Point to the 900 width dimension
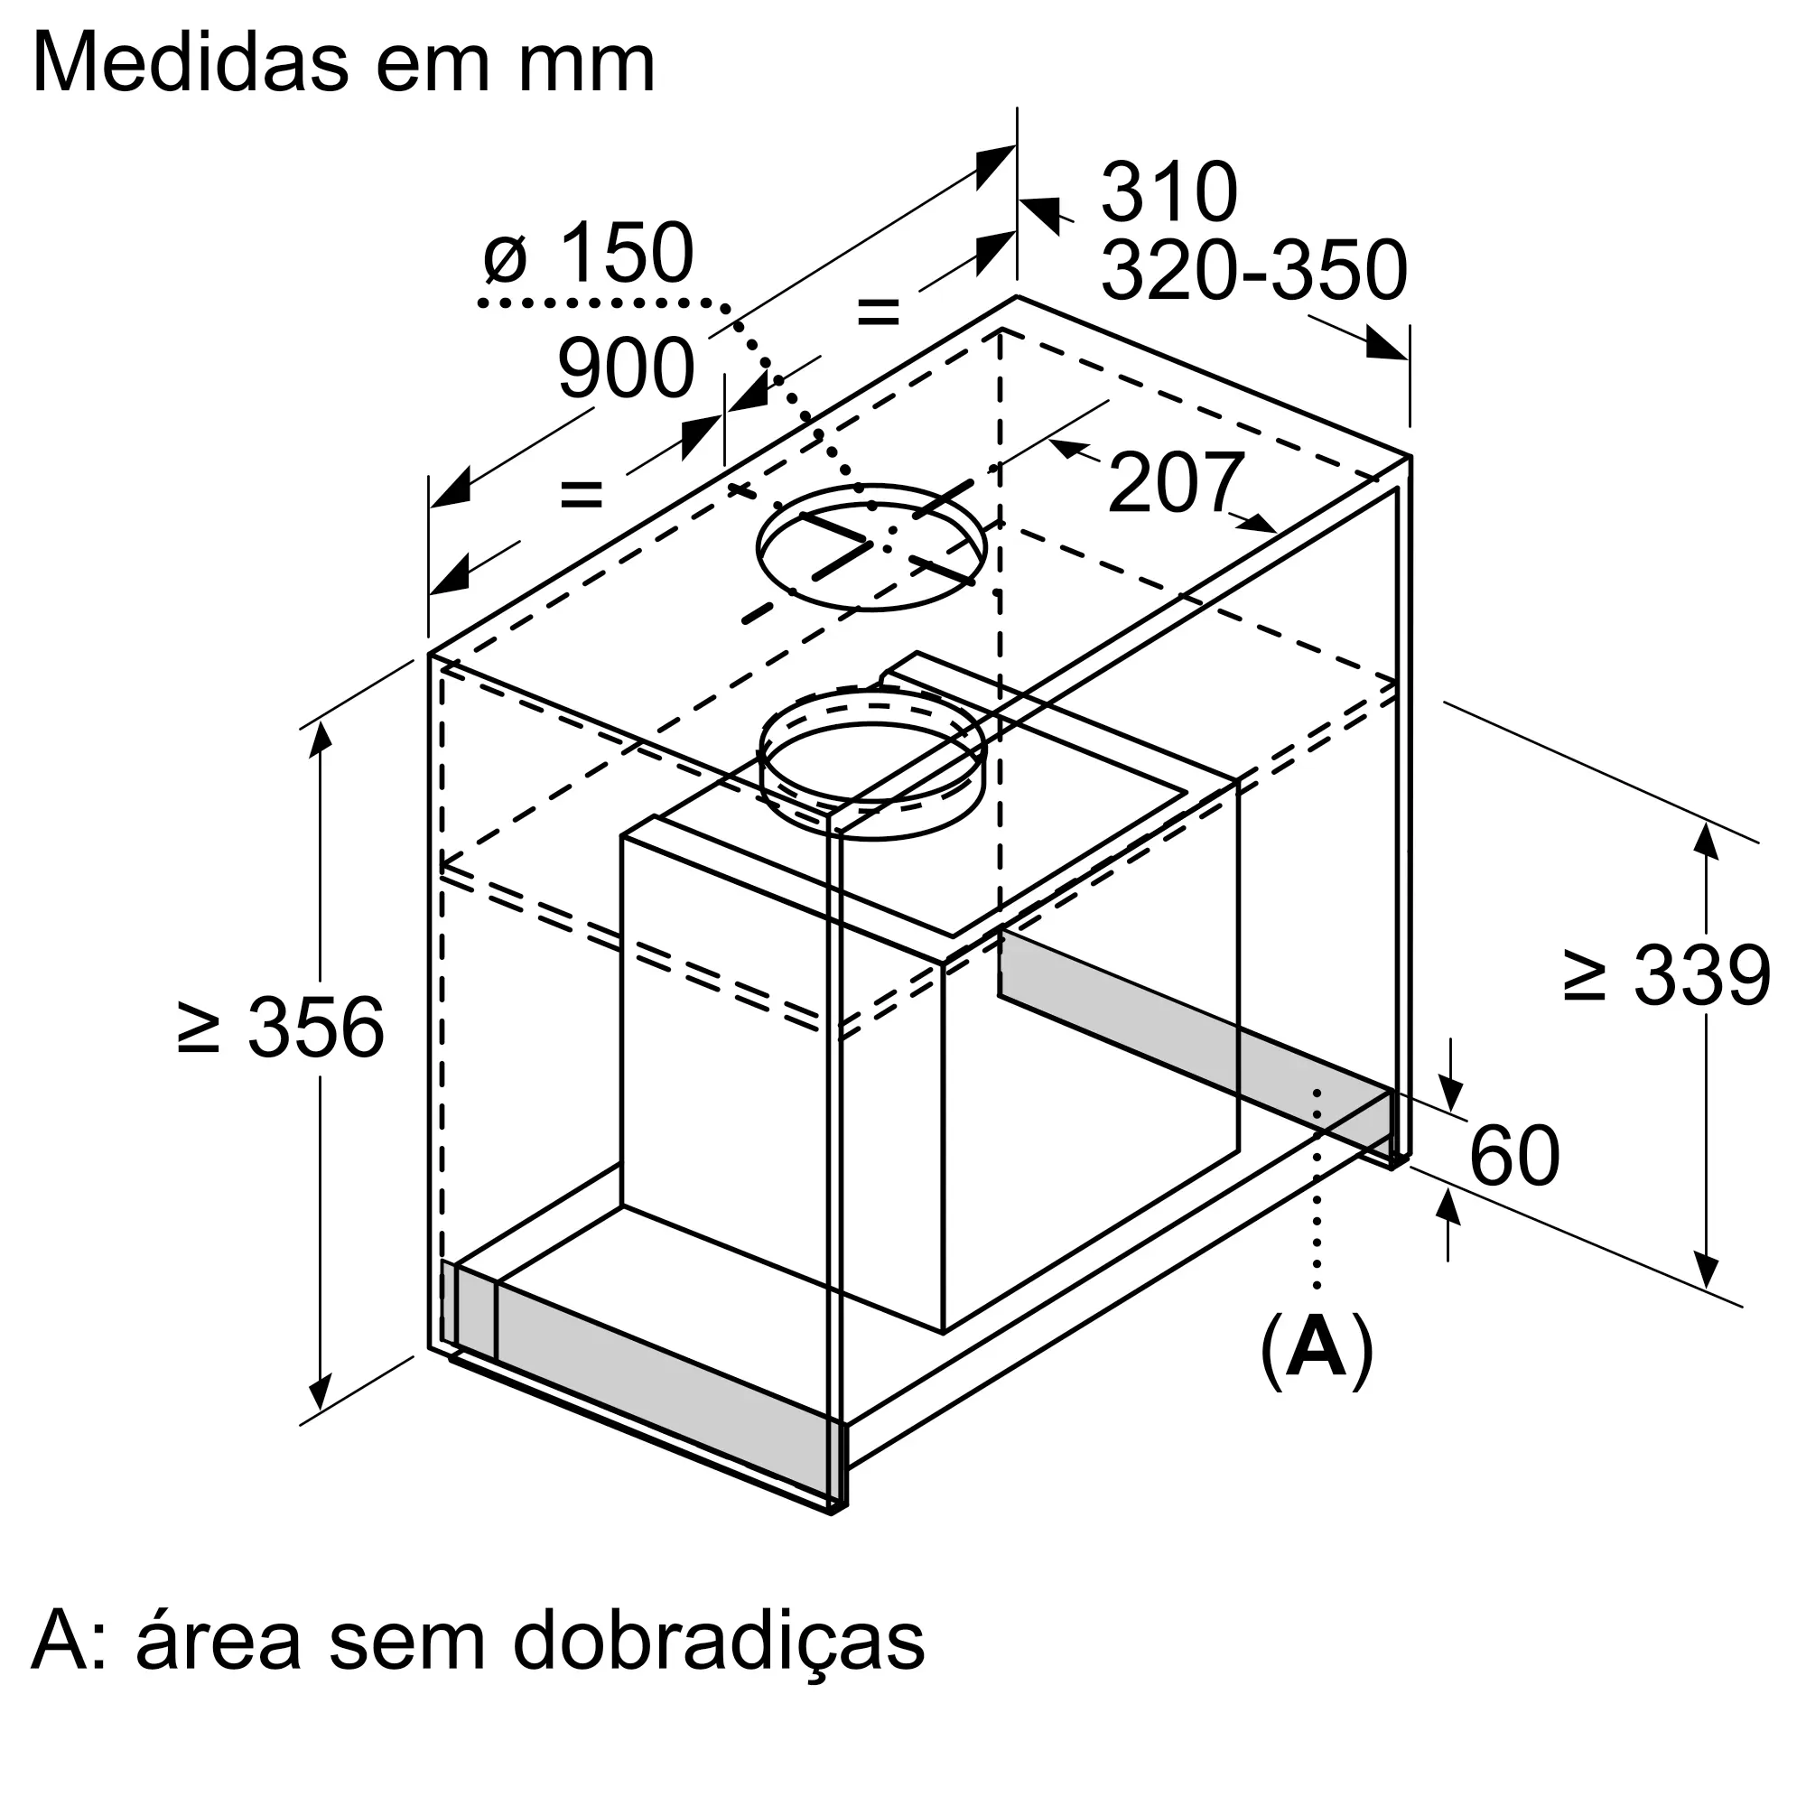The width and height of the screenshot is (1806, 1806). pyautogui.click(x=626, y=369)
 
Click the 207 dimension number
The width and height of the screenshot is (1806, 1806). pyautogui.click(x=1175, y=482)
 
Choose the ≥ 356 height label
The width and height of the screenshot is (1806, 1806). pyautogui.click(x=281, y=1028)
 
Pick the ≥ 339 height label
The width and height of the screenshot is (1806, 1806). pyautogui.click(x=1667, y=976)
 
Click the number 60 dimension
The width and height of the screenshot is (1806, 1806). pyautogui.click(x=1514, y=1157)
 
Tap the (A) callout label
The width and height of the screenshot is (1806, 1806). pyautogui.click(x=1317, y=1352)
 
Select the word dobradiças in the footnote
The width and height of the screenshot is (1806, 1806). pyautogui.click(x=718, y=1641)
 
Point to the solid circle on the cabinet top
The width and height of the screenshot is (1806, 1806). pyautogui.click(x=871, y=548)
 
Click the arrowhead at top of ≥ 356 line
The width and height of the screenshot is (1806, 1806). pyautogui.click(x=320, y=739)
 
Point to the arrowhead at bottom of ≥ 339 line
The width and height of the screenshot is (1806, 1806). pyautogui.click(x=1707, y=1271)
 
